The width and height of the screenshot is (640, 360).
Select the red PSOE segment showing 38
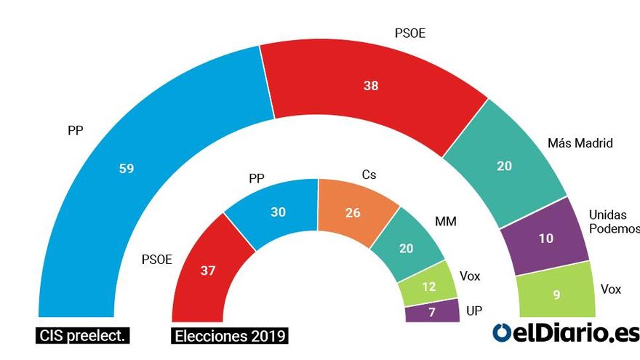pos(371,86)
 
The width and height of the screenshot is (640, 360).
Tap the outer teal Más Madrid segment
pos(504,166)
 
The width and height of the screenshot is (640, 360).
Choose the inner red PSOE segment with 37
pos(207,271)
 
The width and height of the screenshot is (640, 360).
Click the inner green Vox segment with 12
pos(428,286)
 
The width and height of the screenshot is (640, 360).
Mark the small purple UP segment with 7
pos(432,311)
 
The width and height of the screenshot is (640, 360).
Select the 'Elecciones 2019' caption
pos(230,336)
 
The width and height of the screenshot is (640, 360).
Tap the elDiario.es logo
pos(566,332)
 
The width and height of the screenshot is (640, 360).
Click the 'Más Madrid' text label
pos(580,143)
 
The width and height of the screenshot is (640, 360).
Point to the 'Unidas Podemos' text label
pos(612,222)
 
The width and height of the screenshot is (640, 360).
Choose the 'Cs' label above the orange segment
pos(369,175)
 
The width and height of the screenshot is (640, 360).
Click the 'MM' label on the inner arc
pos(445,221)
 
